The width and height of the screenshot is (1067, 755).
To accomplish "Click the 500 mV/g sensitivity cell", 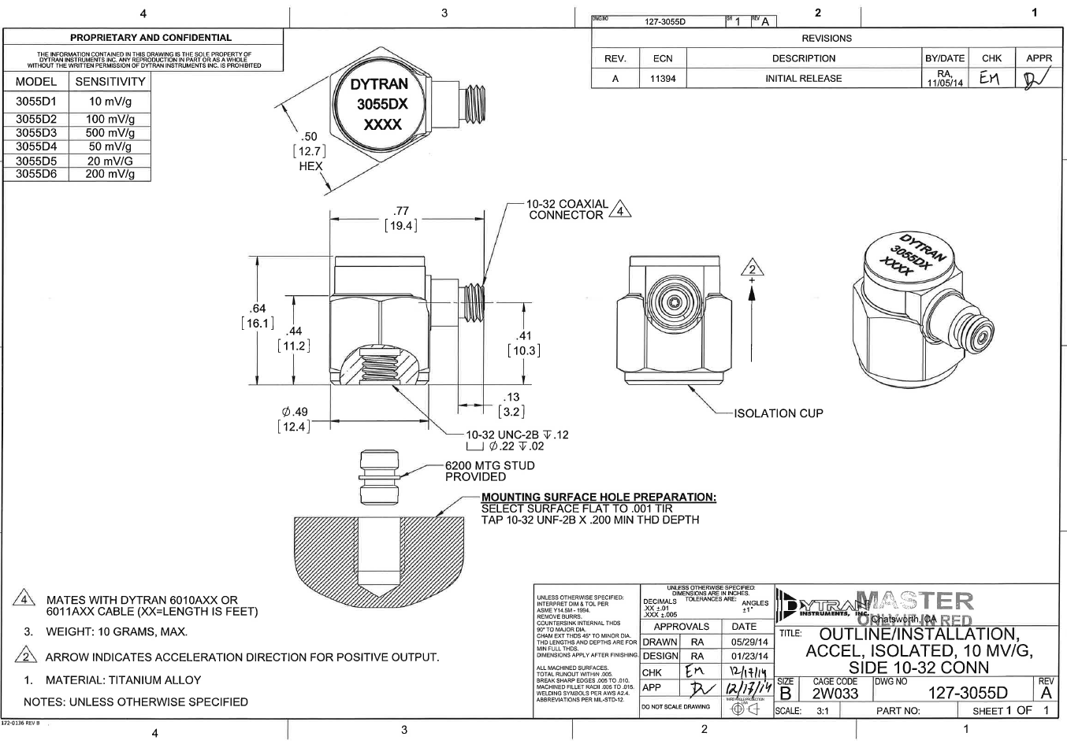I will (110, 133).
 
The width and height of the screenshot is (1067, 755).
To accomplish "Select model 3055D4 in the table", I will (36, 146).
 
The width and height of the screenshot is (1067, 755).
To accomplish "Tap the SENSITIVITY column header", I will (110, 82).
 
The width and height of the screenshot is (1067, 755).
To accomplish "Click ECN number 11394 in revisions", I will (663, 79).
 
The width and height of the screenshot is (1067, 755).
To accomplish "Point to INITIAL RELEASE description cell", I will (803, 79).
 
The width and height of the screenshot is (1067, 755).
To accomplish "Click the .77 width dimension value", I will (401, 210).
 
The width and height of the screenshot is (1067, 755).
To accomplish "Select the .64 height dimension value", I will (258, 309).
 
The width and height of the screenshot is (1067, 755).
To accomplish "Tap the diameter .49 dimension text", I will (295, 412).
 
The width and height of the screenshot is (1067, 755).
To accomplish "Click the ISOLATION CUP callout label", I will (778, 413).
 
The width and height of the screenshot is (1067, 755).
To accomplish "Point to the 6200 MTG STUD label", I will (489, 465).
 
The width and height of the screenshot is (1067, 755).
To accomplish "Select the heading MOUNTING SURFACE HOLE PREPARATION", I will (598, 497).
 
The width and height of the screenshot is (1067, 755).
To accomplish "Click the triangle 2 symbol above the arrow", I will (753, 268).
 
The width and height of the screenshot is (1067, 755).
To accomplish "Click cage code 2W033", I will (835, 694).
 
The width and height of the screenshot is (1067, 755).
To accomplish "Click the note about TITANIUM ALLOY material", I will (123, 680).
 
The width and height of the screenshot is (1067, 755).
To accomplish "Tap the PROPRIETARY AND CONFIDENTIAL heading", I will (151, 37).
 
